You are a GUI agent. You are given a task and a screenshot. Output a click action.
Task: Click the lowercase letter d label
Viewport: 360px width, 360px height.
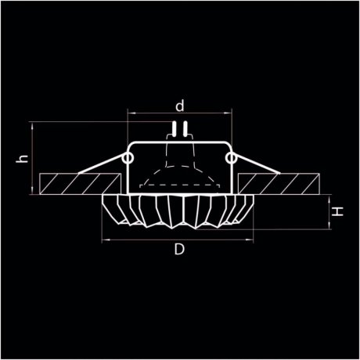click(x=179, y=104)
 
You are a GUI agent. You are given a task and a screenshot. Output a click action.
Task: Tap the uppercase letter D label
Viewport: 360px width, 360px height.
click(x=178, y=250)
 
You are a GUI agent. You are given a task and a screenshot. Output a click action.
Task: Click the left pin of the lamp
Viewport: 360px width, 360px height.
click(x=175, y=129)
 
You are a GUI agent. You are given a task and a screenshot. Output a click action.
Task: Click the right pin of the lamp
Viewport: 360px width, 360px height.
click(x=184, y=129)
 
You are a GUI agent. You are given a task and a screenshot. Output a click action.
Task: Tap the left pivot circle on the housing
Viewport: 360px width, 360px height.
click(x=127, y=159)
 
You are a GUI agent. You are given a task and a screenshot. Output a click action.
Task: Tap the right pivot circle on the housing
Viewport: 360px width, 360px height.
click(x=230, y=159)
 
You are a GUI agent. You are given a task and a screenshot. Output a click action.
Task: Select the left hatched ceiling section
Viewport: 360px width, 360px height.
click(x=74, y=183)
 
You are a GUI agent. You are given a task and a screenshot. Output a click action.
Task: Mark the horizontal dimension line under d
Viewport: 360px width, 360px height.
click(x=179, y=114)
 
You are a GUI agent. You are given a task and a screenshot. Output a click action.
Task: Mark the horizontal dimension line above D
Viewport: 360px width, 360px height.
click(x=178, y=240)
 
